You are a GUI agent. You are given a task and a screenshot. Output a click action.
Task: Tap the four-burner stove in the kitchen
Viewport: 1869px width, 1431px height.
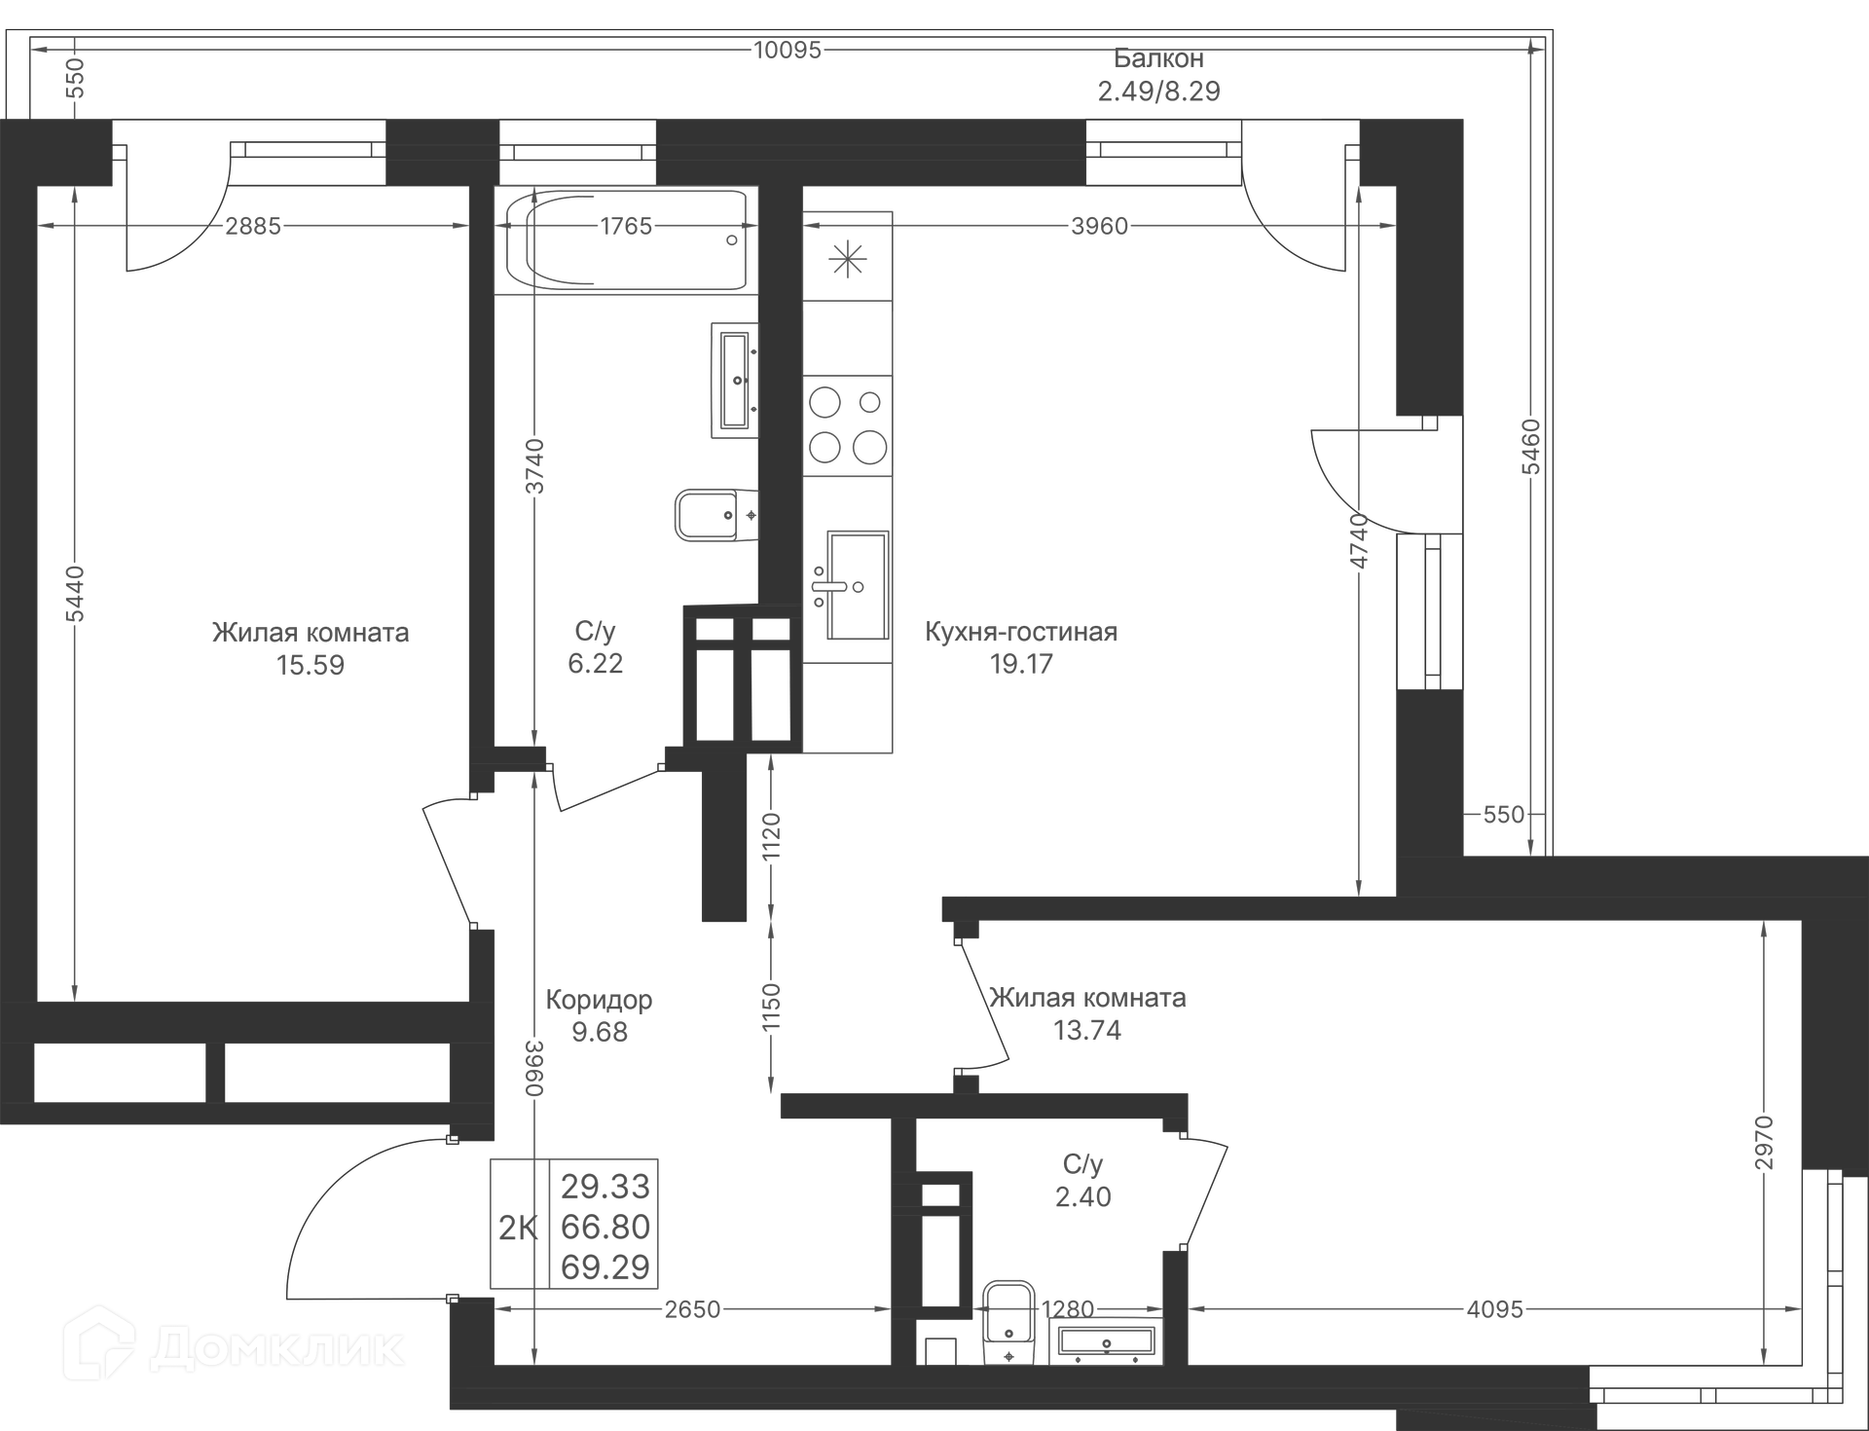pyautogui.click(x=847, y=425)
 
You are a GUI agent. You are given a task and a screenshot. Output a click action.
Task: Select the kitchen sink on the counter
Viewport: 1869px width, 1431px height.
pyautogui.click(x=857, y=585)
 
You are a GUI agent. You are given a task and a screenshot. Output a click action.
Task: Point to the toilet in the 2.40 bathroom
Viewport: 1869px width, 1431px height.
pyautogui.click(x=1008, y=1322)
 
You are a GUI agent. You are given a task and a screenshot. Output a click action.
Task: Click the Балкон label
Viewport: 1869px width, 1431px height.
pyautogui.click(x=1158, y=58)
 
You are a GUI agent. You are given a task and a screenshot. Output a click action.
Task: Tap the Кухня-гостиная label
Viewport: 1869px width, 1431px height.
pyautogui.click(x=1020, y=632)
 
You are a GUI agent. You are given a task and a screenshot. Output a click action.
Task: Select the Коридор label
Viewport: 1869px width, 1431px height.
pyautogui.click(x=599, y=1000)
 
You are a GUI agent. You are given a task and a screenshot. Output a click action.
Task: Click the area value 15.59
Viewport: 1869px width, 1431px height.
pyautogui.click(x=310, y=666)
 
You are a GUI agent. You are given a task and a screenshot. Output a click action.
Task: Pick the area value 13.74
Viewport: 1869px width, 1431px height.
pyautogui.click(x=1086, y=1030)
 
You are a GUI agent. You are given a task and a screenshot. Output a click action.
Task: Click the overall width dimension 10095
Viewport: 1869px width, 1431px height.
pyautogui.click(x=788, y=50)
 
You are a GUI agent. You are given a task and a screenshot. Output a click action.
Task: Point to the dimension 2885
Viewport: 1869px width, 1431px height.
pyautogui.click(x=253, y=226)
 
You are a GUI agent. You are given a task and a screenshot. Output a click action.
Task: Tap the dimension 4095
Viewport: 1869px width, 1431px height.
pyautogui.click(x=1494, y=1309)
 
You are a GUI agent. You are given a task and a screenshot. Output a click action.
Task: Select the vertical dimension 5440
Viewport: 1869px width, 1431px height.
pyautogui.click(x=75, y=594)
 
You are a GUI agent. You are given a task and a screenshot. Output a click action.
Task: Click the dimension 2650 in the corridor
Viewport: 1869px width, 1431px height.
pyautogui.click(x=692, y=1309)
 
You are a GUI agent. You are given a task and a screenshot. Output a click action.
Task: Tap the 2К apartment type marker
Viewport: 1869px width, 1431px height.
pyautogui.click(x=518, y=1229)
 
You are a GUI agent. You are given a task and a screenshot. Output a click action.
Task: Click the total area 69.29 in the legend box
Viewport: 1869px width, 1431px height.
pyautogui.click(x=605, y=1267)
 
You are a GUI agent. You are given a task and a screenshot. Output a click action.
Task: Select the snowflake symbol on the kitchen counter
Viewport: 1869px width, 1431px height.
pyautogui.click(x=847, y=259)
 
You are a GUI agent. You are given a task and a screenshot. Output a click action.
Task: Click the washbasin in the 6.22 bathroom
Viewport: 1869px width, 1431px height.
pyautogui.click(x=735, y=380)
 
